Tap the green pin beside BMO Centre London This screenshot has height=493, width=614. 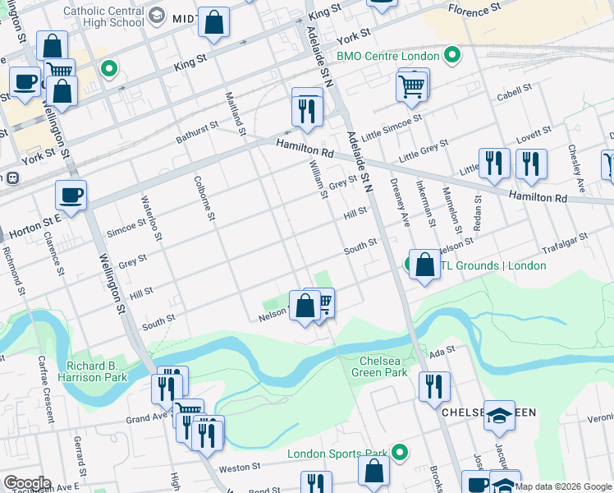tap(451, 57)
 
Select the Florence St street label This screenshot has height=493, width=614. tap(474, 10)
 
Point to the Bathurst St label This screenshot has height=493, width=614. tap(196, 132)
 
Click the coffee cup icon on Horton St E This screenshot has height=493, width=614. tap(71, 196)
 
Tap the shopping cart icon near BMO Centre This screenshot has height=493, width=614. tap(411, 85)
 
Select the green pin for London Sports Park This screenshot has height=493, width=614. tap(399, 453)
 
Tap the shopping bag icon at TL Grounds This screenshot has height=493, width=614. tap(424, 265)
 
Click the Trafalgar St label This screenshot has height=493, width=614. tap(565, 240)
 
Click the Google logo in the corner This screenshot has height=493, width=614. tap(27, 483)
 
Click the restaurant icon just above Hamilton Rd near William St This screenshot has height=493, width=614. tap(306, 109)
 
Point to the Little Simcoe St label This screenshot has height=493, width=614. tap(392, 124)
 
